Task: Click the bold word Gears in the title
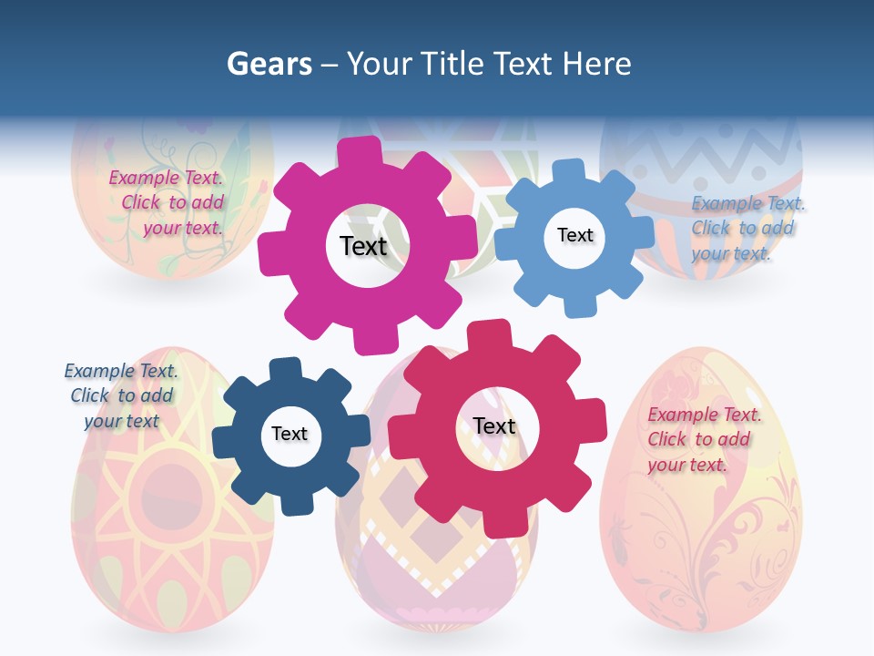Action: [269, 64]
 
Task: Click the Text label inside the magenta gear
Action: [363, 246]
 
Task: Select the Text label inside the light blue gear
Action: [574, 235]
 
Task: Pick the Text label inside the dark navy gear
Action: [289, 435]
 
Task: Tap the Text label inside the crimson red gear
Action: [494, 426]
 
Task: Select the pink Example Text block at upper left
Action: [167, 203]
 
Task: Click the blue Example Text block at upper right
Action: [747, 229]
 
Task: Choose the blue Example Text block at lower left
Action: [121, 395]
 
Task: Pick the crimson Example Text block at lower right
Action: [704, 439]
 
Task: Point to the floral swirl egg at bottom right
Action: [701, 538]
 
